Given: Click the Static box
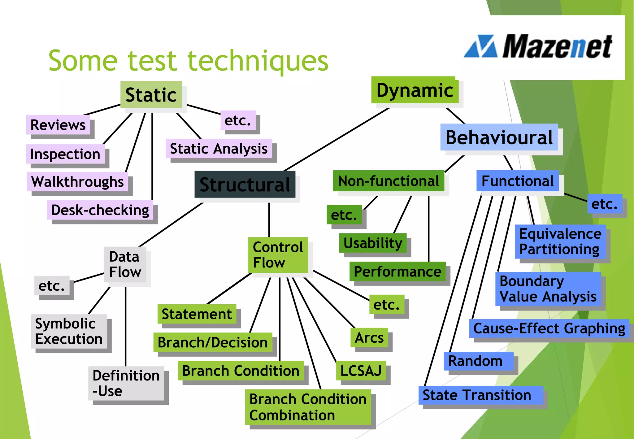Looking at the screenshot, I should tap(151, 95).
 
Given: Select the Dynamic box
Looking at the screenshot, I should tap(414, 90).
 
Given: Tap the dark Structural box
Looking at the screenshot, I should tap(245, 185).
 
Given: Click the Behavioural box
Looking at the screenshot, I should tap(499, 137).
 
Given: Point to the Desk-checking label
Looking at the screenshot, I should tap(100, 210).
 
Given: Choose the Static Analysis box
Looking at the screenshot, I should tap(219, 149).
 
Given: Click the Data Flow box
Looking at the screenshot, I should tap(125, 264).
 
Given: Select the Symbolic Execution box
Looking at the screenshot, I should tap(69, 331).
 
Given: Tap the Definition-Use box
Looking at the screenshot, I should tap(126, 383).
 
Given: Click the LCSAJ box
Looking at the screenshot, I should tap(361, 371).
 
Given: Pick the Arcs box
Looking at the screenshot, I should tap(369, 337).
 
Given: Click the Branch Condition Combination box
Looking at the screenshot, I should tap(308, 407).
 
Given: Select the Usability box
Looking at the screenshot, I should tap(373, 243).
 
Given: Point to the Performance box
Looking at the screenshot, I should tap(397, 272).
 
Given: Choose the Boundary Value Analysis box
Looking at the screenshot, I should tap(548, 289).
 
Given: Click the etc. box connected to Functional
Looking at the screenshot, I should tap(604, 204).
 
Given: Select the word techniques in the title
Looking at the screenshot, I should tap(258, 61).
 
